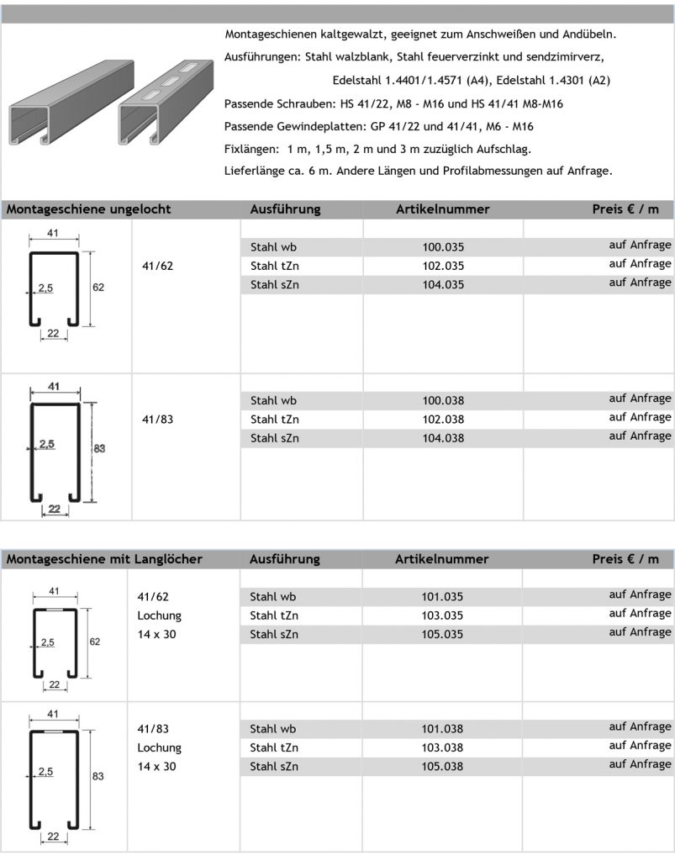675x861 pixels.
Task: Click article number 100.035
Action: click(443, 247)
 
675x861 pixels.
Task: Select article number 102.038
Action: click(443, 419)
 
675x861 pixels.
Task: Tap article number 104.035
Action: click(443, 284)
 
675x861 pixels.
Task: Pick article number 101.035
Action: click(442, 597)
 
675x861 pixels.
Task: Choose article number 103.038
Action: click(442, 747)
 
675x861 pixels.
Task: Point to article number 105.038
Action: click(442, 766)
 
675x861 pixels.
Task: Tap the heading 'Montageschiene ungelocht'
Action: click(88, 209)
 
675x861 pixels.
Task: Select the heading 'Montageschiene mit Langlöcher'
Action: click(104, 559)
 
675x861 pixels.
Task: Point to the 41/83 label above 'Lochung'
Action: click(153, 729)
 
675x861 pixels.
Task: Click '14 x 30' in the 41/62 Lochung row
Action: click(156, 634)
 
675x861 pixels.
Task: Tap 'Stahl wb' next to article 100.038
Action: click(273, 400)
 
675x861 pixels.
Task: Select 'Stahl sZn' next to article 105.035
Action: click(273, 634)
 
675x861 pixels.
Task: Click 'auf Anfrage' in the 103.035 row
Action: click(640, 613)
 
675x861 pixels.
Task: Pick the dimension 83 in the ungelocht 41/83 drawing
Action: click(99, 449)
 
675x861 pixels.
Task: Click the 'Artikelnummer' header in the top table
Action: click(442, 209)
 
